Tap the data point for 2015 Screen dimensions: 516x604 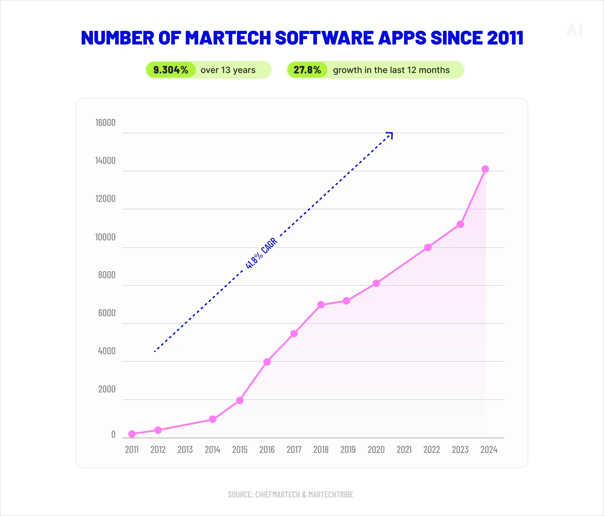(240, 400)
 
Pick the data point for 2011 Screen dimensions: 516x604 (132, 434)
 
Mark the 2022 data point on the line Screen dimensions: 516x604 (428, 247)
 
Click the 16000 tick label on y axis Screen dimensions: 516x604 (105, 122)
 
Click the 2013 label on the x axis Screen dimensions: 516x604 (185, 450)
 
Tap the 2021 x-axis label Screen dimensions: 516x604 (404, 450)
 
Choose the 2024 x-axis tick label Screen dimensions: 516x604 (489, 450)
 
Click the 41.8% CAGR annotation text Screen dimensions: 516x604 (261, 253)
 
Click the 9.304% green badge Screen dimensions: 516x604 (171, 70)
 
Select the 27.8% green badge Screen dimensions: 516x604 (307, 70)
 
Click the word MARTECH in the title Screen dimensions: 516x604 (228, 38)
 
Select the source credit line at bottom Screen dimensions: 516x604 (290, 494)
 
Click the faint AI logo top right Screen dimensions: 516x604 (574, 30)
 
